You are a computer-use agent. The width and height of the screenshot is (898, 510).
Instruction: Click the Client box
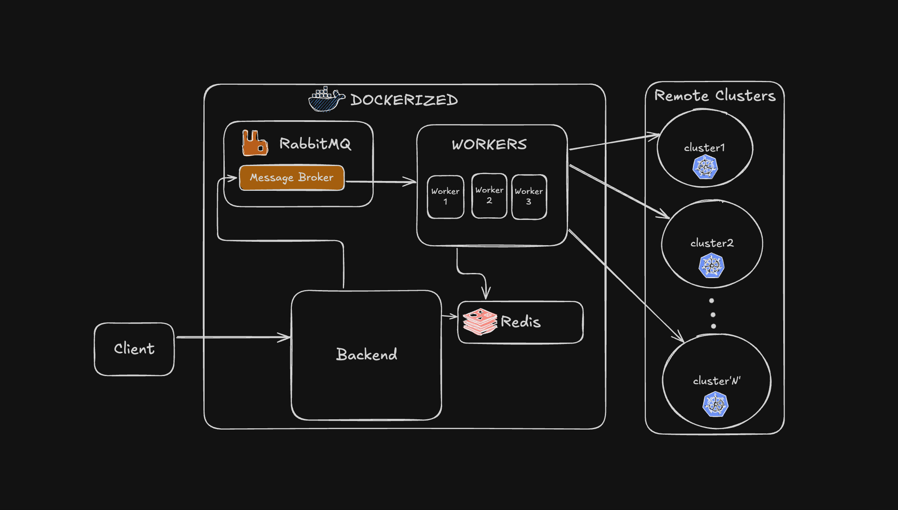coord(134,349)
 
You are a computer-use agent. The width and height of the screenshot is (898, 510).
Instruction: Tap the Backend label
coord(366,355)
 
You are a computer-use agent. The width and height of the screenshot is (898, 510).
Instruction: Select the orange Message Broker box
coord(291,178)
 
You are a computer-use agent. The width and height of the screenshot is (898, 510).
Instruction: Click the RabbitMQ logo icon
coord(255,143)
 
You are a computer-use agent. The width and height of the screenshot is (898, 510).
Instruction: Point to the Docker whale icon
coord(326,100)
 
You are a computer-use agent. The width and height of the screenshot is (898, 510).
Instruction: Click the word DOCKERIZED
coord(404,100)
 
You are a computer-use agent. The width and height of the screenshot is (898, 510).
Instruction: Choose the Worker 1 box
coord(445,197)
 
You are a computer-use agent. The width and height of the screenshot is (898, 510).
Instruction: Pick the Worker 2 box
coord(489,196)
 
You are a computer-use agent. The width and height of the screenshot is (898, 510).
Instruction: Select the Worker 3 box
coord(529,197)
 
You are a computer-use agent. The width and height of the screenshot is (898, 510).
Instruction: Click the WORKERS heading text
coord(489,145)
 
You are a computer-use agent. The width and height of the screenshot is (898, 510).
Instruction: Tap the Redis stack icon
coord(480,321)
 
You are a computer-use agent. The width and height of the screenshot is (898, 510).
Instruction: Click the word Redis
coord(520,322)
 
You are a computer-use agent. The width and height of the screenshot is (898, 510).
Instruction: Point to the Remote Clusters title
coord(715,95)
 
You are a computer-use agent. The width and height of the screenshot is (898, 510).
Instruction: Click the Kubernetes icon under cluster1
coord(705,167)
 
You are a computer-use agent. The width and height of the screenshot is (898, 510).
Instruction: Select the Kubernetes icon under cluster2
coord(711,266)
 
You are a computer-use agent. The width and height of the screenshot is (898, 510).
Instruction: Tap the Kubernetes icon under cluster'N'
coord(715,404)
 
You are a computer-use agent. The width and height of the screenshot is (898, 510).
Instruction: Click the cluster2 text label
coord(712,243)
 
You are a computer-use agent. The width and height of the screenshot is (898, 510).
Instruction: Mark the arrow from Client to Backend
coord(233,337)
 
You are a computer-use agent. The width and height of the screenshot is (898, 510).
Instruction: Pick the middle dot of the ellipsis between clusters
coord(713,314)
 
